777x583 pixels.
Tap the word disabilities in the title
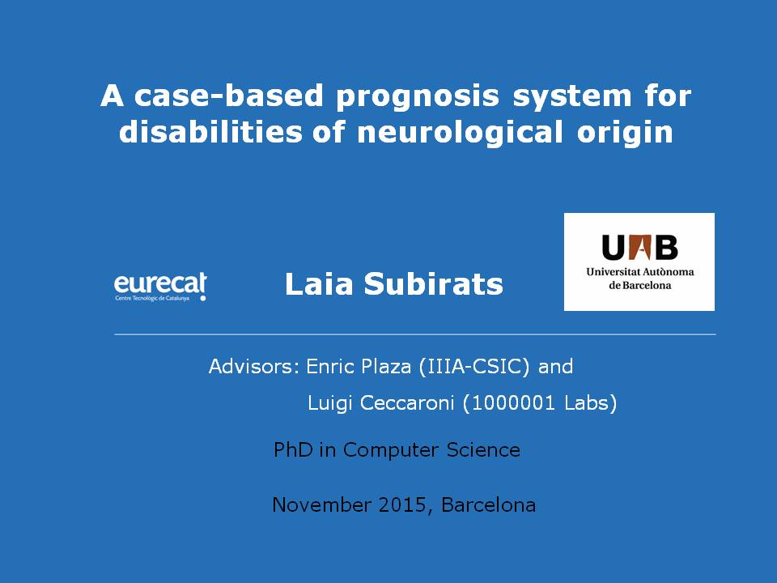pyautogui.click(x=210, y=131)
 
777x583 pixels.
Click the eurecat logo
pyautogui.click(x=160, y=287)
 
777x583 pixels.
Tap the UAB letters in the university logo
pyautogui.click(x=639, y=247)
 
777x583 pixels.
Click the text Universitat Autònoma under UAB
pyautogui.click(x=639, y=272)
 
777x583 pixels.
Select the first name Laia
pyautogui.click(x=319, y=284)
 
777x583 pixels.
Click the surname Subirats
pyautogui.click(x=434, y=284)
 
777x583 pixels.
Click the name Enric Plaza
pyautogui.click(x=359, y=366)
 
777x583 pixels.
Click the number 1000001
pyautogui.click(x=513, y=403)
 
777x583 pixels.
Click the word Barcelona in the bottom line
pyautogui.click(x=488, y=505)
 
